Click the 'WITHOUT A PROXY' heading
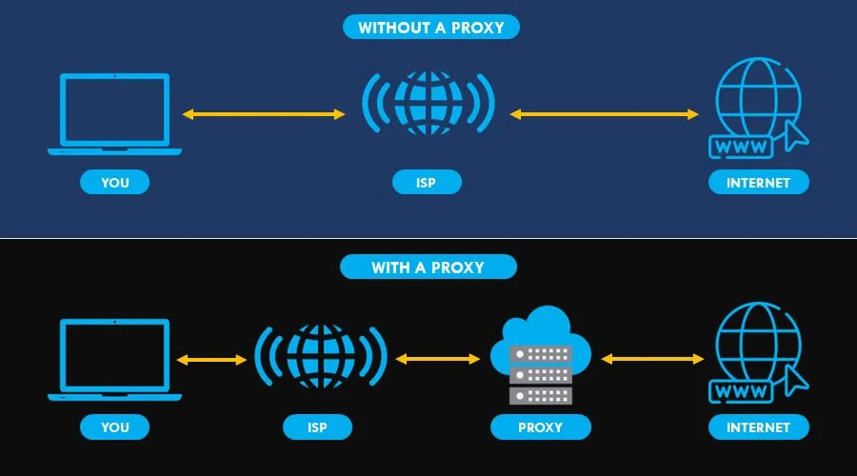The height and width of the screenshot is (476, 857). pyautogui.click(x=430, y=27)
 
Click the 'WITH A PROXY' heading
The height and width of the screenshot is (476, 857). pyautogui.click(x=428, y=268)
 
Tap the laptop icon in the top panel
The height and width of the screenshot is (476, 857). pyautogui.click(x=114, y=113)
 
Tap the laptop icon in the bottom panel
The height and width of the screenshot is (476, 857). pyautogui.click(x=114, y=359)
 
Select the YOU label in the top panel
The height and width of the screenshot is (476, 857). pyautogui.click(x=114, y=182)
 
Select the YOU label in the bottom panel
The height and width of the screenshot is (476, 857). pyautogui.click(x=114, y=426)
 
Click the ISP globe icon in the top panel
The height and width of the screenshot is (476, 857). pyautogui.click(x=428, y=102)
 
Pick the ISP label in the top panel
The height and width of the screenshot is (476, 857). pyautogui.click(x=427, y=182)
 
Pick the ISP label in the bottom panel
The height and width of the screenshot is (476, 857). pyautogui.click(x=318, y=426)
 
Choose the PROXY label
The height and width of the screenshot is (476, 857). pyautogui.click(x=540, y=426)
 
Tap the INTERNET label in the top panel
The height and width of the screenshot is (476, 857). pyautogui.click(x=758, y=182)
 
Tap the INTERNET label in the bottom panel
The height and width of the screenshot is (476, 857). pyautogui.click(x=758, y=426)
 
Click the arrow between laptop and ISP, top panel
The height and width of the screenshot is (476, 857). pyautogui.click(x=264, y=114)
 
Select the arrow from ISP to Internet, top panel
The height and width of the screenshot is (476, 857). pyautogui.click(x=605, y=114)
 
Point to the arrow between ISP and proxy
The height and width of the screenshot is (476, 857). pyautogui.click(x=438, y=359)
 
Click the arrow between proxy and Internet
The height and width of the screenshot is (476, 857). pyautogui.click(x=653, y=359)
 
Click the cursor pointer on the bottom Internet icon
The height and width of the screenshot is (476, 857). pyautogui.click(x=794, y=381)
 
